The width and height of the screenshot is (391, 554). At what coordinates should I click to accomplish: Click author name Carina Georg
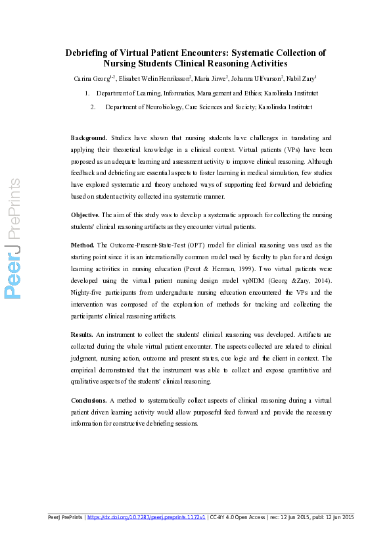[x=92, y=79]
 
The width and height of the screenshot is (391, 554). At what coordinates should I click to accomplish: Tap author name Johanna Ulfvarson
[x=257, y=79]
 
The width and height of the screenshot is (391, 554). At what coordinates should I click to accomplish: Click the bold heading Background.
[x=89, y=138]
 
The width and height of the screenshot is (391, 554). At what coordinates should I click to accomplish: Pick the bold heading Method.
[x=83, y=245]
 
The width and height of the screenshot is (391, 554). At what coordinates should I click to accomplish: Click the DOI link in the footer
[x=147, y=517]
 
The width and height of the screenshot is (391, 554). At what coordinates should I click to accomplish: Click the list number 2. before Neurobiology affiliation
[x=93, y=106]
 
